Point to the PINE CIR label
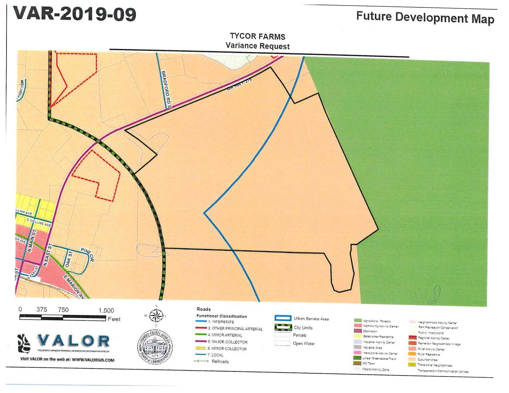coord(88,254)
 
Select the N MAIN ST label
coord(32,241)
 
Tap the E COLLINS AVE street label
coord(39,223)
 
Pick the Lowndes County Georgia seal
coord(155,347)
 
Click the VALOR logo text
coord(73,341)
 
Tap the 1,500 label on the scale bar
coord(106,310)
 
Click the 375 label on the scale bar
coord(42,309)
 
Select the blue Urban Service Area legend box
coord(283,318)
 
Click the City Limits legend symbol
coord(283,327)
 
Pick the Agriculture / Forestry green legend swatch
coord(358,321)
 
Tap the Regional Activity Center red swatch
coord(413,338)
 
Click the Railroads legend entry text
coord(220,362)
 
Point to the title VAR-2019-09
coord(75,14)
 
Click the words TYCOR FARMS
coord(257,37)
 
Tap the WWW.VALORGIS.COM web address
coord(93,360)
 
